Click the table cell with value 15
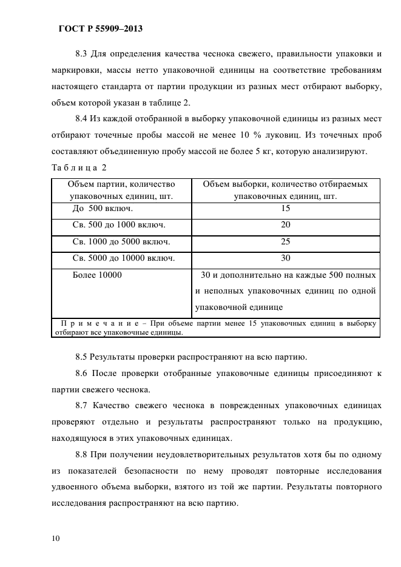pos(286,208)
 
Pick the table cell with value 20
pos(286,224)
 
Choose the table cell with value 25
pos(286,241)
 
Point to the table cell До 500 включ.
pos(103,208)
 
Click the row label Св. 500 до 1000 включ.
pos(119,224)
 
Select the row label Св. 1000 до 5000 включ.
pos(121,241)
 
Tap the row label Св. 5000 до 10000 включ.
pos(124,258)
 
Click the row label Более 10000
pos(97,275)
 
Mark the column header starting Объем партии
pos(121,189)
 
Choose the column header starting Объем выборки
pos(286,189)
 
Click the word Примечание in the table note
pos(96,324)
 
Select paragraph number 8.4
pos(83,118)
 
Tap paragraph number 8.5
pos(83,356)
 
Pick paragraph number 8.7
pos(83,406)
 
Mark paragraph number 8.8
pos(83,454)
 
